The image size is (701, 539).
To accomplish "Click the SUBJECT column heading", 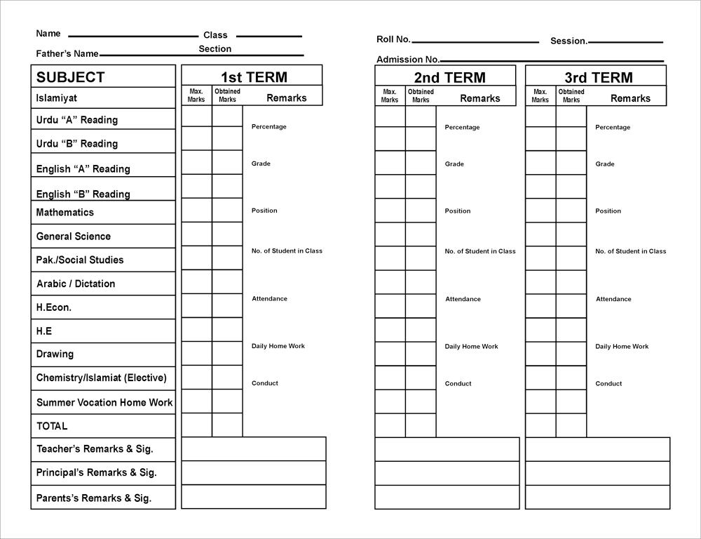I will click(x=70, y=77).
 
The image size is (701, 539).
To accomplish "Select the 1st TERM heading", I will click(x=254, y=77).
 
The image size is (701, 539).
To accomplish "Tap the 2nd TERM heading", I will click(x=449, y=77).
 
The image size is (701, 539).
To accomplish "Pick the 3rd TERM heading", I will click(x=599, y=77).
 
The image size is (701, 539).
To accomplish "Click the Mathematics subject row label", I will click(x=64, y=212).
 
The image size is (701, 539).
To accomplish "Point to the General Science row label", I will click(x=73, y=237).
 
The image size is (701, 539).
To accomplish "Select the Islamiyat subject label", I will click(x=57, y=98).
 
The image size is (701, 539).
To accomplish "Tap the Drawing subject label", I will click(x=55, y=354).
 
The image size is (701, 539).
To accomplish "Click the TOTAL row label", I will click(x=52, y=426).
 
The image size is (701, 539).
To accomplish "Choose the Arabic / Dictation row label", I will click(x=76, y=284).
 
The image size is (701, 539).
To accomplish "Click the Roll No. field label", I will click(x=393, y=40).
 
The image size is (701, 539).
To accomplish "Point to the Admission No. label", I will click(x=408, y=60).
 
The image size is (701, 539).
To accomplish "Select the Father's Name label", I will click(x=67, y=53).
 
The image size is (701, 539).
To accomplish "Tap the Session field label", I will click(x=569, y=41).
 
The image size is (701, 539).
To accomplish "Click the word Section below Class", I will click(x=215, y=49).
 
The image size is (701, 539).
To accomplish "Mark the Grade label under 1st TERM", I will click(x=261, y=164).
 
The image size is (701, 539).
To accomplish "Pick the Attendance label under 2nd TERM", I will click(x=463, y=299).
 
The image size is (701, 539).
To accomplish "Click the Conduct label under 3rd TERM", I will click(x=608, y=383).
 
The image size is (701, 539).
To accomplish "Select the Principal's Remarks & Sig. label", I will click(x=96, y=472).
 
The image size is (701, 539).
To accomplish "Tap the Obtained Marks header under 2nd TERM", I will click(x=421, y=95).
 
